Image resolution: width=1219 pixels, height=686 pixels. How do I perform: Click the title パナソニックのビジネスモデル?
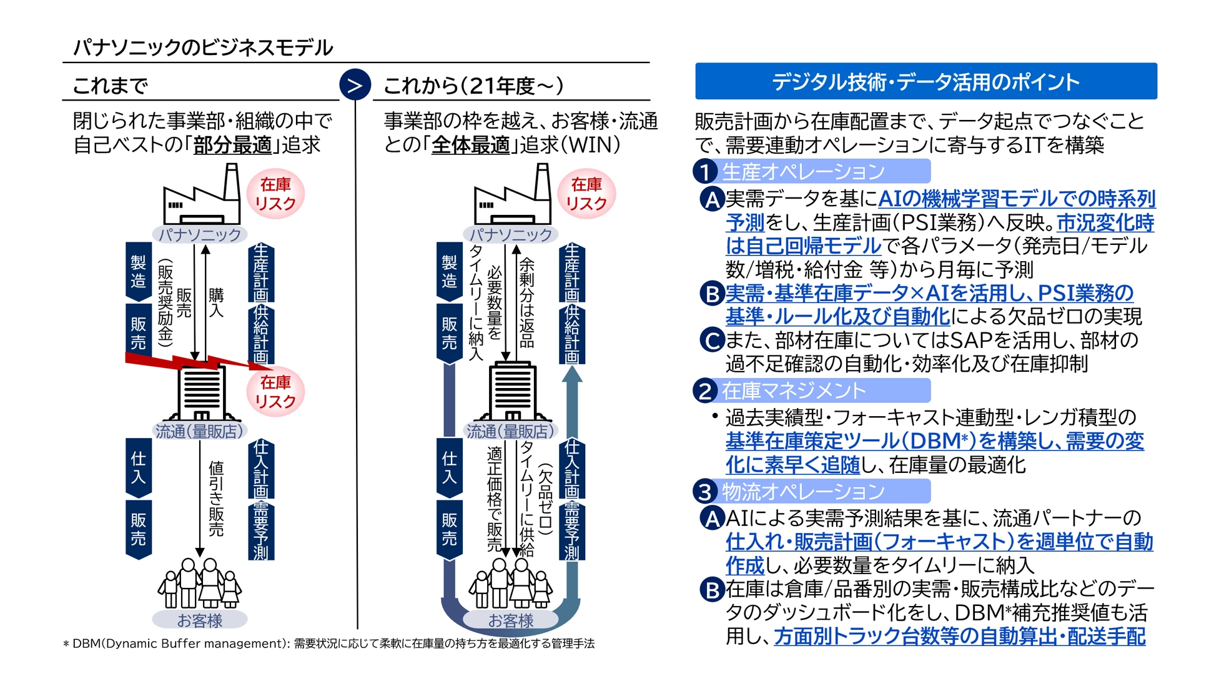pyautogui.click(x=203, y=47)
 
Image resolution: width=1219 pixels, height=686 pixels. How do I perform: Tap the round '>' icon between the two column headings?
pyautogui.click(x=355, y=85)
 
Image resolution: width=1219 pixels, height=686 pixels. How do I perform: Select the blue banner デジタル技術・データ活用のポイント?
pyautogui.click(x=925, y=81)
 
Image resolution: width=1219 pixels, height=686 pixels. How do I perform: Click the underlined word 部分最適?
pyautogui.click(x=232, y=145)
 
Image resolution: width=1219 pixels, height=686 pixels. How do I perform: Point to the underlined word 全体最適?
pyautogui.click(x=471, y=145)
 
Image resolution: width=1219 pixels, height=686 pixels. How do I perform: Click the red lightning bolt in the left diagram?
pyautogui.click(x=194, y=362)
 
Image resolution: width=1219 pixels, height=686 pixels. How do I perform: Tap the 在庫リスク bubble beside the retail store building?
pyautogui.click(x=275, y=392)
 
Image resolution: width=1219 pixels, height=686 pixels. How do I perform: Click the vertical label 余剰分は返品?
pyautogui.click(x=527, y=302)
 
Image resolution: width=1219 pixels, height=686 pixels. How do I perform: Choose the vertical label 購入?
pyautogui.click(x=216, y=302)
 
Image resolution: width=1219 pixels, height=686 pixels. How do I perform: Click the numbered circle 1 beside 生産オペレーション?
pyautogui.click(x=706, y=172)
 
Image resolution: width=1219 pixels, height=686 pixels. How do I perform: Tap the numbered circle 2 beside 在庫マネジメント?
pyautogui.click(x=706, y=391)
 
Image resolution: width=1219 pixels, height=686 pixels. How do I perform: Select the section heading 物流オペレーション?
pyautogui.click(x=803, y=492)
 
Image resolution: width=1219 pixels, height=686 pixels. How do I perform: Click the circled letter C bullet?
pyautogui.click(x=711, y=341)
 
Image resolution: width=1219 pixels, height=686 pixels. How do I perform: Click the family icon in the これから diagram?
pyautogui.click(x=511, y=584)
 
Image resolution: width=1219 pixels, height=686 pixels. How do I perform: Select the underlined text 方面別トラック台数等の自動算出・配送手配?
pyautogui.click(x=959, y=636)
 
